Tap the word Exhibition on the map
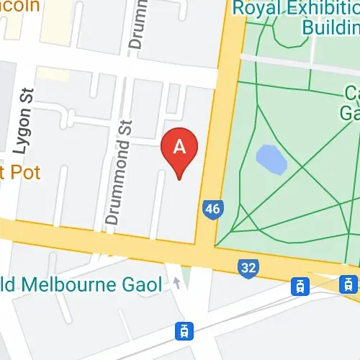point(324,9)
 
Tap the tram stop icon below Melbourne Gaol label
point(185,330)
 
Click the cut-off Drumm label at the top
point(135,24)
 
